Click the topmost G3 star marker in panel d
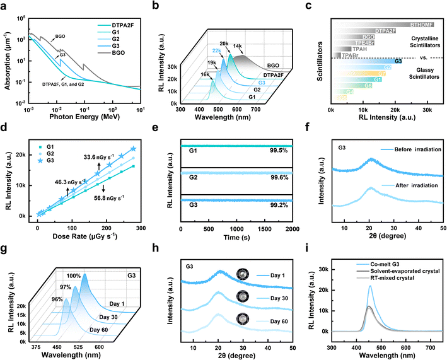coord(133,149)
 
